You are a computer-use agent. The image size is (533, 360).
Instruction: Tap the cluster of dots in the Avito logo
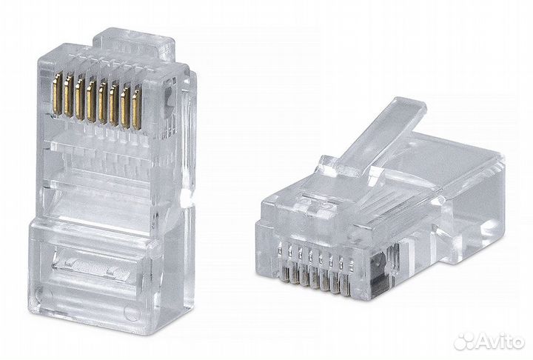pos(463,340)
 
